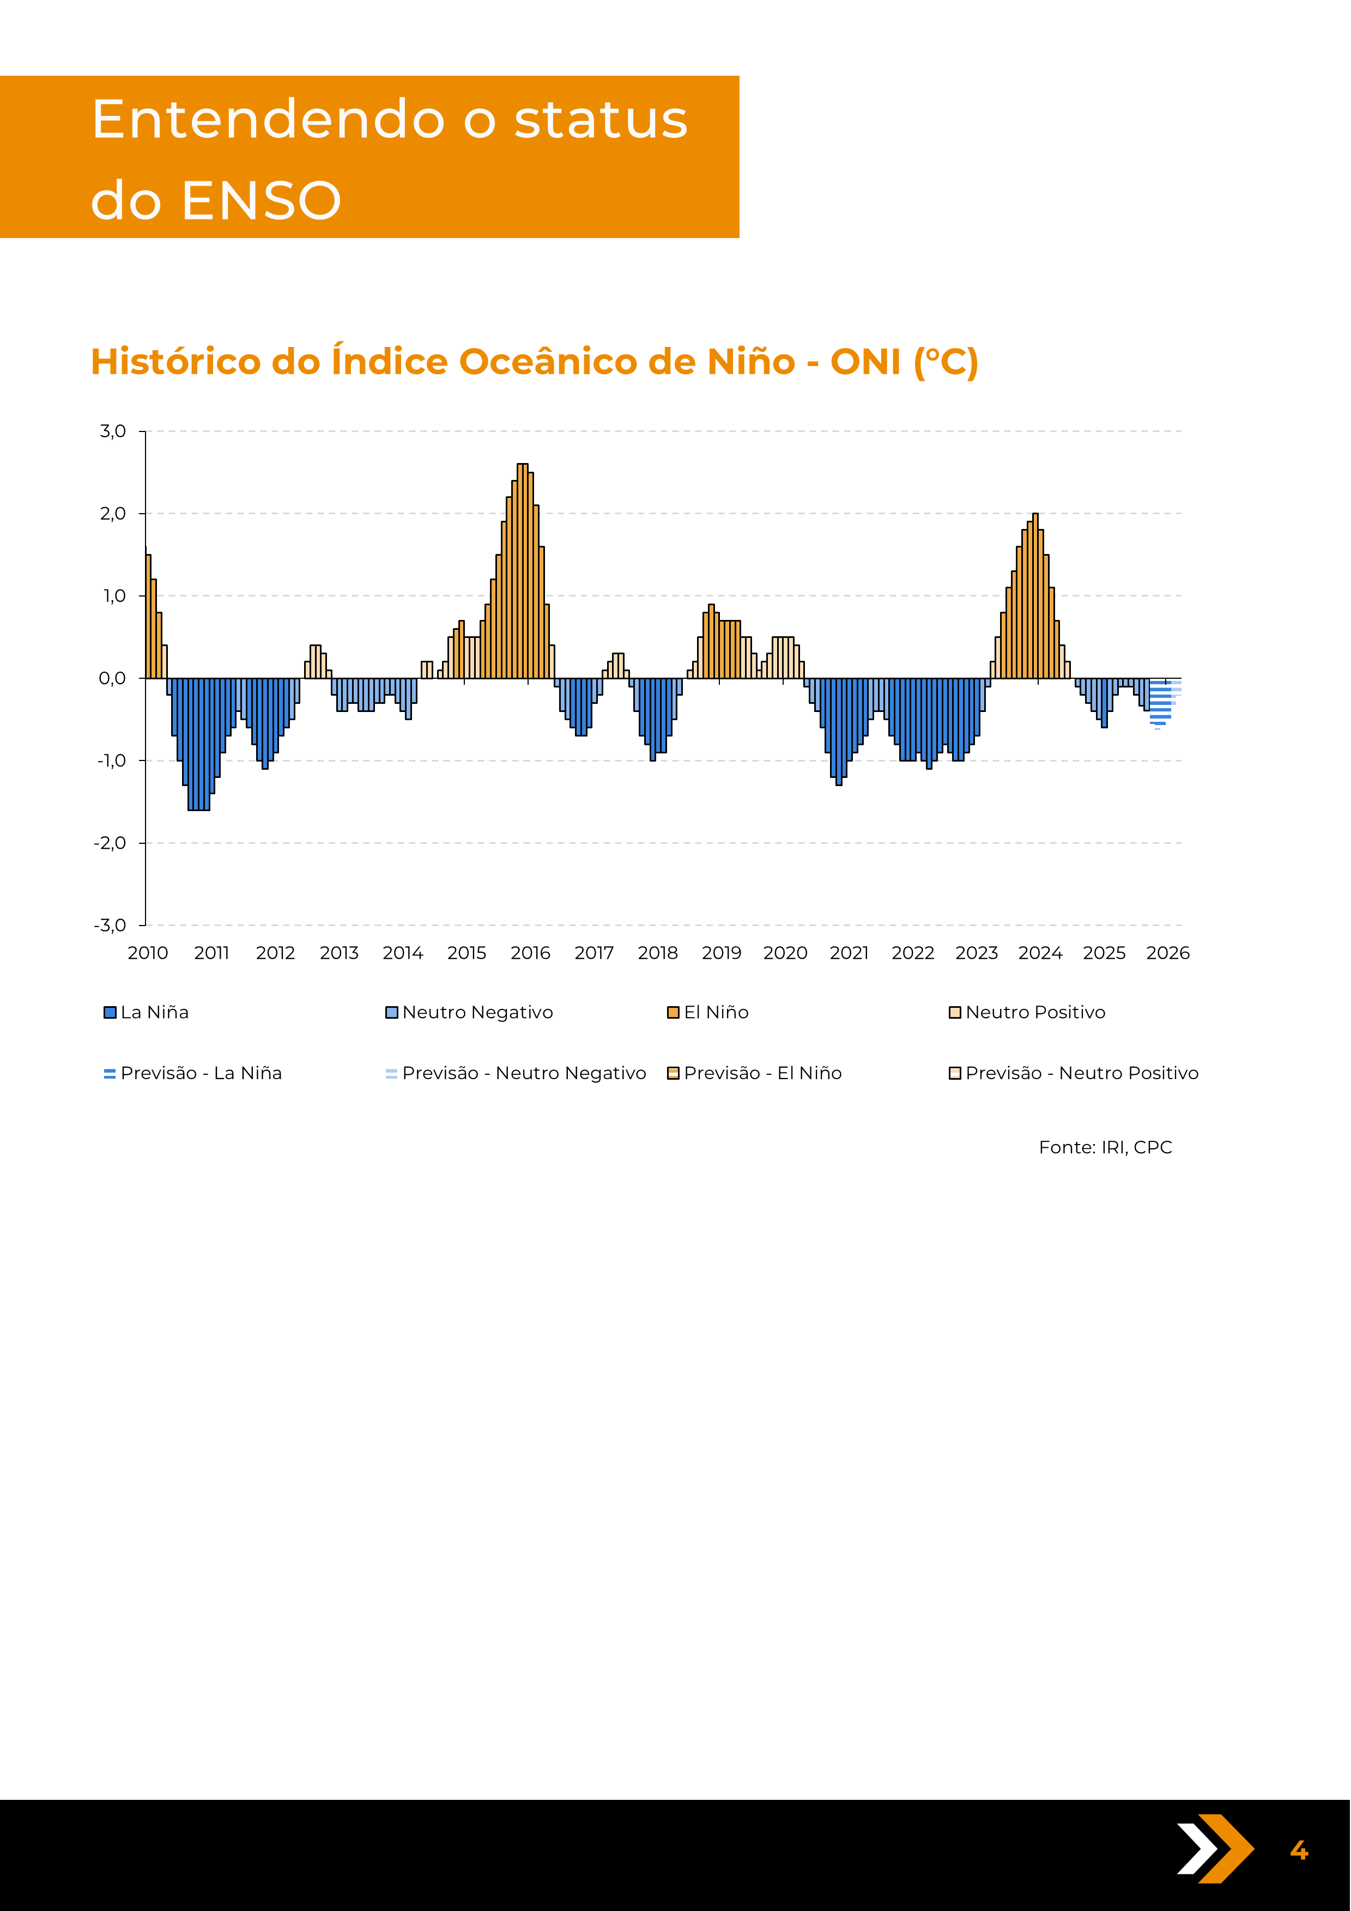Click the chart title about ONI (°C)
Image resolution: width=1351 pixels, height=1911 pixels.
click(x=534, y=362)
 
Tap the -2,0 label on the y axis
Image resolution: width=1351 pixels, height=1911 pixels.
click(x=110, y=843)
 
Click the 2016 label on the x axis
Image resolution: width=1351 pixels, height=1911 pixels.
click(x=530, y=953)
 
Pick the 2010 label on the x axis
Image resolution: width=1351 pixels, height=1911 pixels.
click(x=148, y=953)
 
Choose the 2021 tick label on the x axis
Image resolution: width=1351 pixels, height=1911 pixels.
click(x=849, y=953)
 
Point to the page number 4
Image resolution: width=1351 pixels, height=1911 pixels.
click(x=1299, y=1850)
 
